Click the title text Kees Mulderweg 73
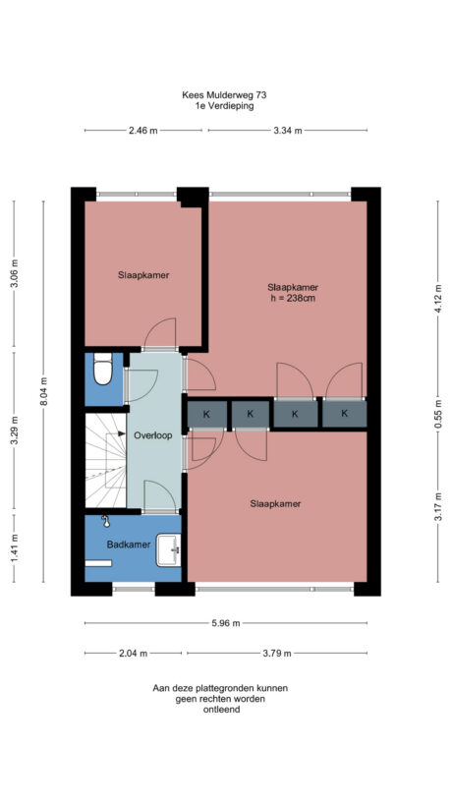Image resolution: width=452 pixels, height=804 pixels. [x=224, y=95]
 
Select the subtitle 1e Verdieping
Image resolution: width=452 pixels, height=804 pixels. [x=224, y=106]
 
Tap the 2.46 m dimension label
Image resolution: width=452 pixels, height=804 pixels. [x=142, y=130]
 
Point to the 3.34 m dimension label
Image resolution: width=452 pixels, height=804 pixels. [x=286, y=130]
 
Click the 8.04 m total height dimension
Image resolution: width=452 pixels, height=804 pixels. [x=43, y=391]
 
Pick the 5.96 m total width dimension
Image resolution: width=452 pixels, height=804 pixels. [x=225, y=623]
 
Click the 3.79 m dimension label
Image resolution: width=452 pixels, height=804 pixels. [x=276, y=653]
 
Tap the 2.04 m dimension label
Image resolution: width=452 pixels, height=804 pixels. [x=133, y=653]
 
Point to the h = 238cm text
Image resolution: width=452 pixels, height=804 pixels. [x=293, y=299]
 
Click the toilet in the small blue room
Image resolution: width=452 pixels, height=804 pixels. [x=100, y=373]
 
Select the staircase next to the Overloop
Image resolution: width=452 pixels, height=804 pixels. [x=105, y=461]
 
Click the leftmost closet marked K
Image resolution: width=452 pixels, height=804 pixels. [x=206, y=415]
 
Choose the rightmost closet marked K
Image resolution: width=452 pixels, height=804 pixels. [x=345, y=414]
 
